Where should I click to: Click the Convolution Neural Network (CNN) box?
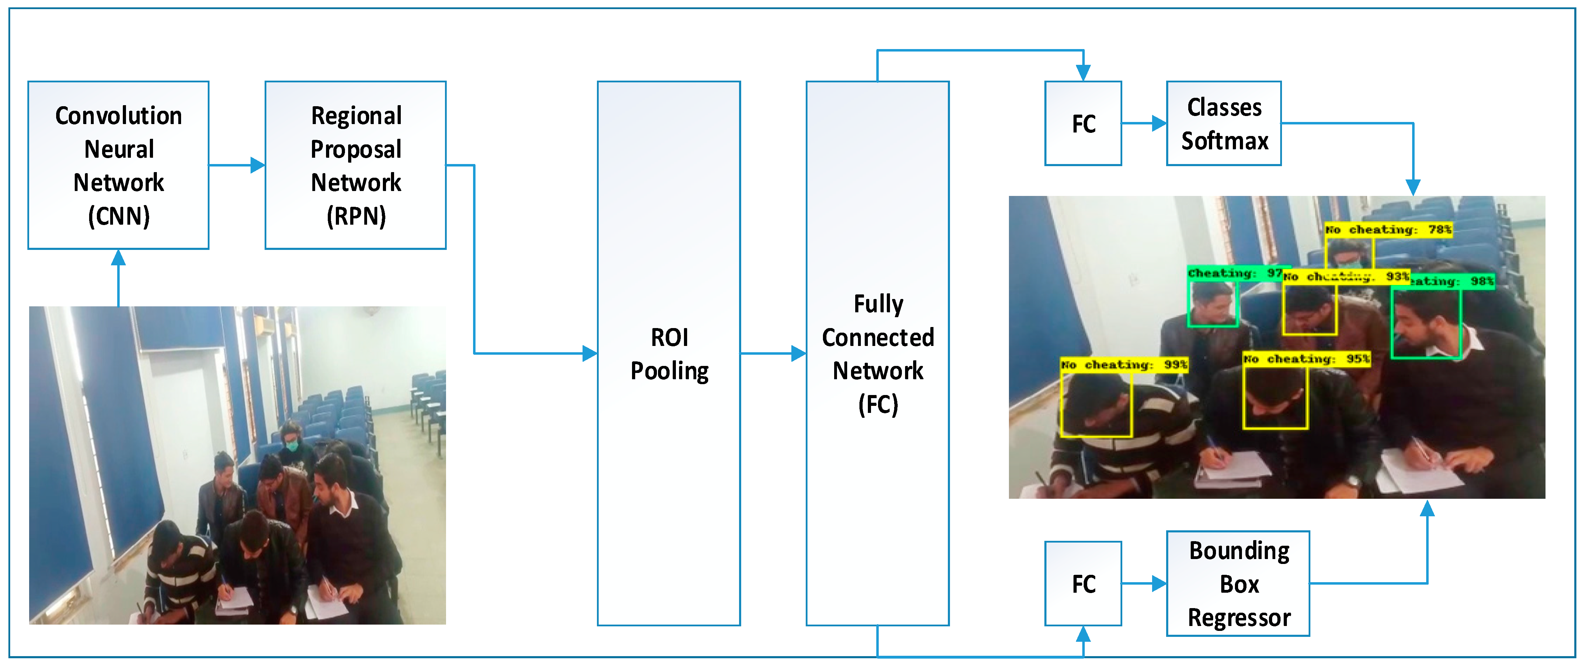click(119, 165)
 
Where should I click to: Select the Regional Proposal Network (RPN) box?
click(355, 165)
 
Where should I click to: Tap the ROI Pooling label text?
click(670, 354)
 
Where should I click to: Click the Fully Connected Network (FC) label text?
click(878, 354)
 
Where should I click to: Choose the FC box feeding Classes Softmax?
click(1083, 123)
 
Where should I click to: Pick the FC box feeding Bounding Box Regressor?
click(1083, 584)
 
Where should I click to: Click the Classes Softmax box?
click(1224, 123)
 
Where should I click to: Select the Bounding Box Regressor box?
click(1238, 584)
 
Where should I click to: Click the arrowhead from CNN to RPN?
click(258, 165)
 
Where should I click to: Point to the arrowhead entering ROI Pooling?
click(590, 353)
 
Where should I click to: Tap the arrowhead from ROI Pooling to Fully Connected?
click(798, 353)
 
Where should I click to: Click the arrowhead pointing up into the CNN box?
click(119, 258)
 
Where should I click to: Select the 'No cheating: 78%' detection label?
click(1388, 230)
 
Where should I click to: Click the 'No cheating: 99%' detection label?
click(1124, 365)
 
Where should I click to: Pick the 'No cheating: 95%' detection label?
click(1306, 359)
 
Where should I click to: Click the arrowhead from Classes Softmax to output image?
click(1413, 187)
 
